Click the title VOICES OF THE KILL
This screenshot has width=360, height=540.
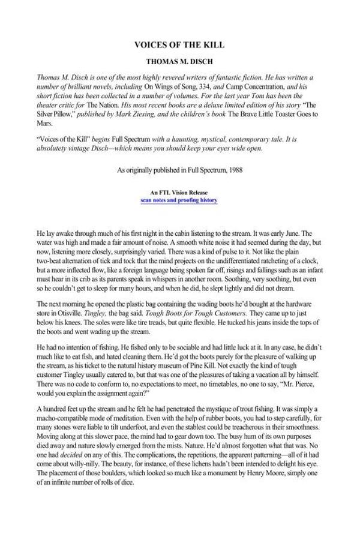(179, 45)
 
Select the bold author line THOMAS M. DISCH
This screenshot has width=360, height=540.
(179, 61)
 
